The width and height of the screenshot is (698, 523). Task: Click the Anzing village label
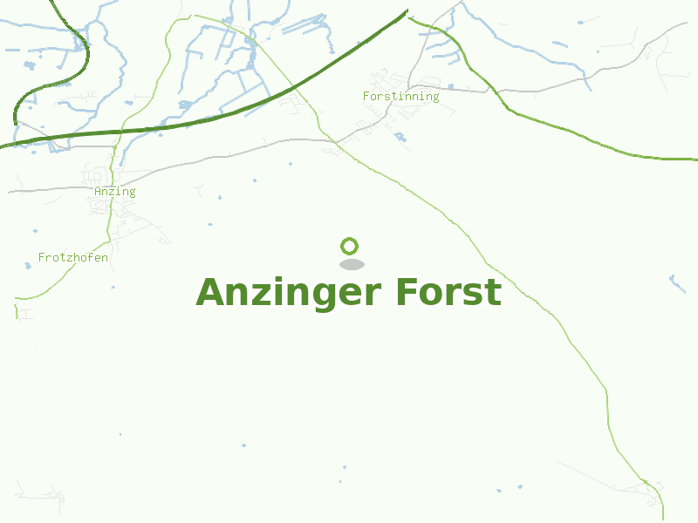[115, 192]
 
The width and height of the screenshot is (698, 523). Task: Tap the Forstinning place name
[400, 96]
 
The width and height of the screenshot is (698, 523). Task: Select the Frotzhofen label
[73, 257]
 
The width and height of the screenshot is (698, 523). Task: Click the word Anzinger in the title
[290, 292]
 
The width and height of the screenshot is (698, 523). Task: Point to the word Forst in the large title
[448, 292]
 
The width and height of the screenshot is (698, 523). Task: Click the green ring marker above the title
[350, 246]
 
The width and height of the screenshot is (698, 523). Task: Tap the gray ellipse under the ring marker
[352, 264]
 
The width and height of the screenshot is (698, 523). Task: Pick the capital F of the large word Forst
[406, 292]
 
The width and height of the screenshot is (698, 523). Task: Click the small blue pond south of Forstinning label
[400, 136]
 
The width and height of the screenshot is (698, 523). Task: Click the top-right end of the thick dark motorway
[407, 11]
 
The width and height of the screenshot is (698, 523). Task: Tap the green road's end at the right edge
[695, 160]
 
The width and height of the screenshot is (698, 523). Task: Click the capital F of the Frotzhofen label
[42, 257]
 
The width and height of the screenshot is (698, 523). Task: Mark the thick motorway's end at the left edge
[3, 146]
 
